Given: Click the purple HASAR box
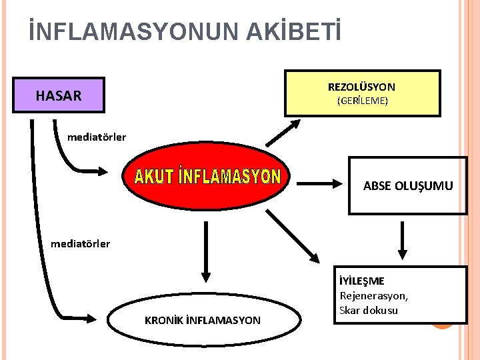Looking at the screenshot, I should coord(59,96).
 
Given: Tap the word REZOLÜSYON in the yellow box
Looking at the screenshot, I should coord(361,87).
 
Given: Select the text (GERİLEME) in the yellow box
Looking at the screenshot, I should coord(362,101).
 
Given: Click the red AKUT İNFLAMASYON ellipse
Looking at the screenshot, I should coord(207,178).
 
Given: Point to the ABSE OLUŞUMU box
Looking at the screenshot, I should coord(407,185).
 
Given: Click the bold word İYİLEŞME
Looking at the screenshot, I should coord(362,281).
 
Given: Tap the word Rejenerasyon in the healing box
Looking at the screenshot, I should coord(373,295).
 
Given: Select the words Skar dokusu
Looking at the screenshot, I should coord(369,310).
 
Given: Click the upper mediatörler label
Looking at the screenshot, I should coord(97,137).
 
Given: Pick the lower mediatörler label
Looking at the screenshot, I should coord(80,243).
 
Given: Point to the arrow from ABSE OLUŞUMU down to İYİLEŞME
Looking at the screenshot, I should coord(402,240).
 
